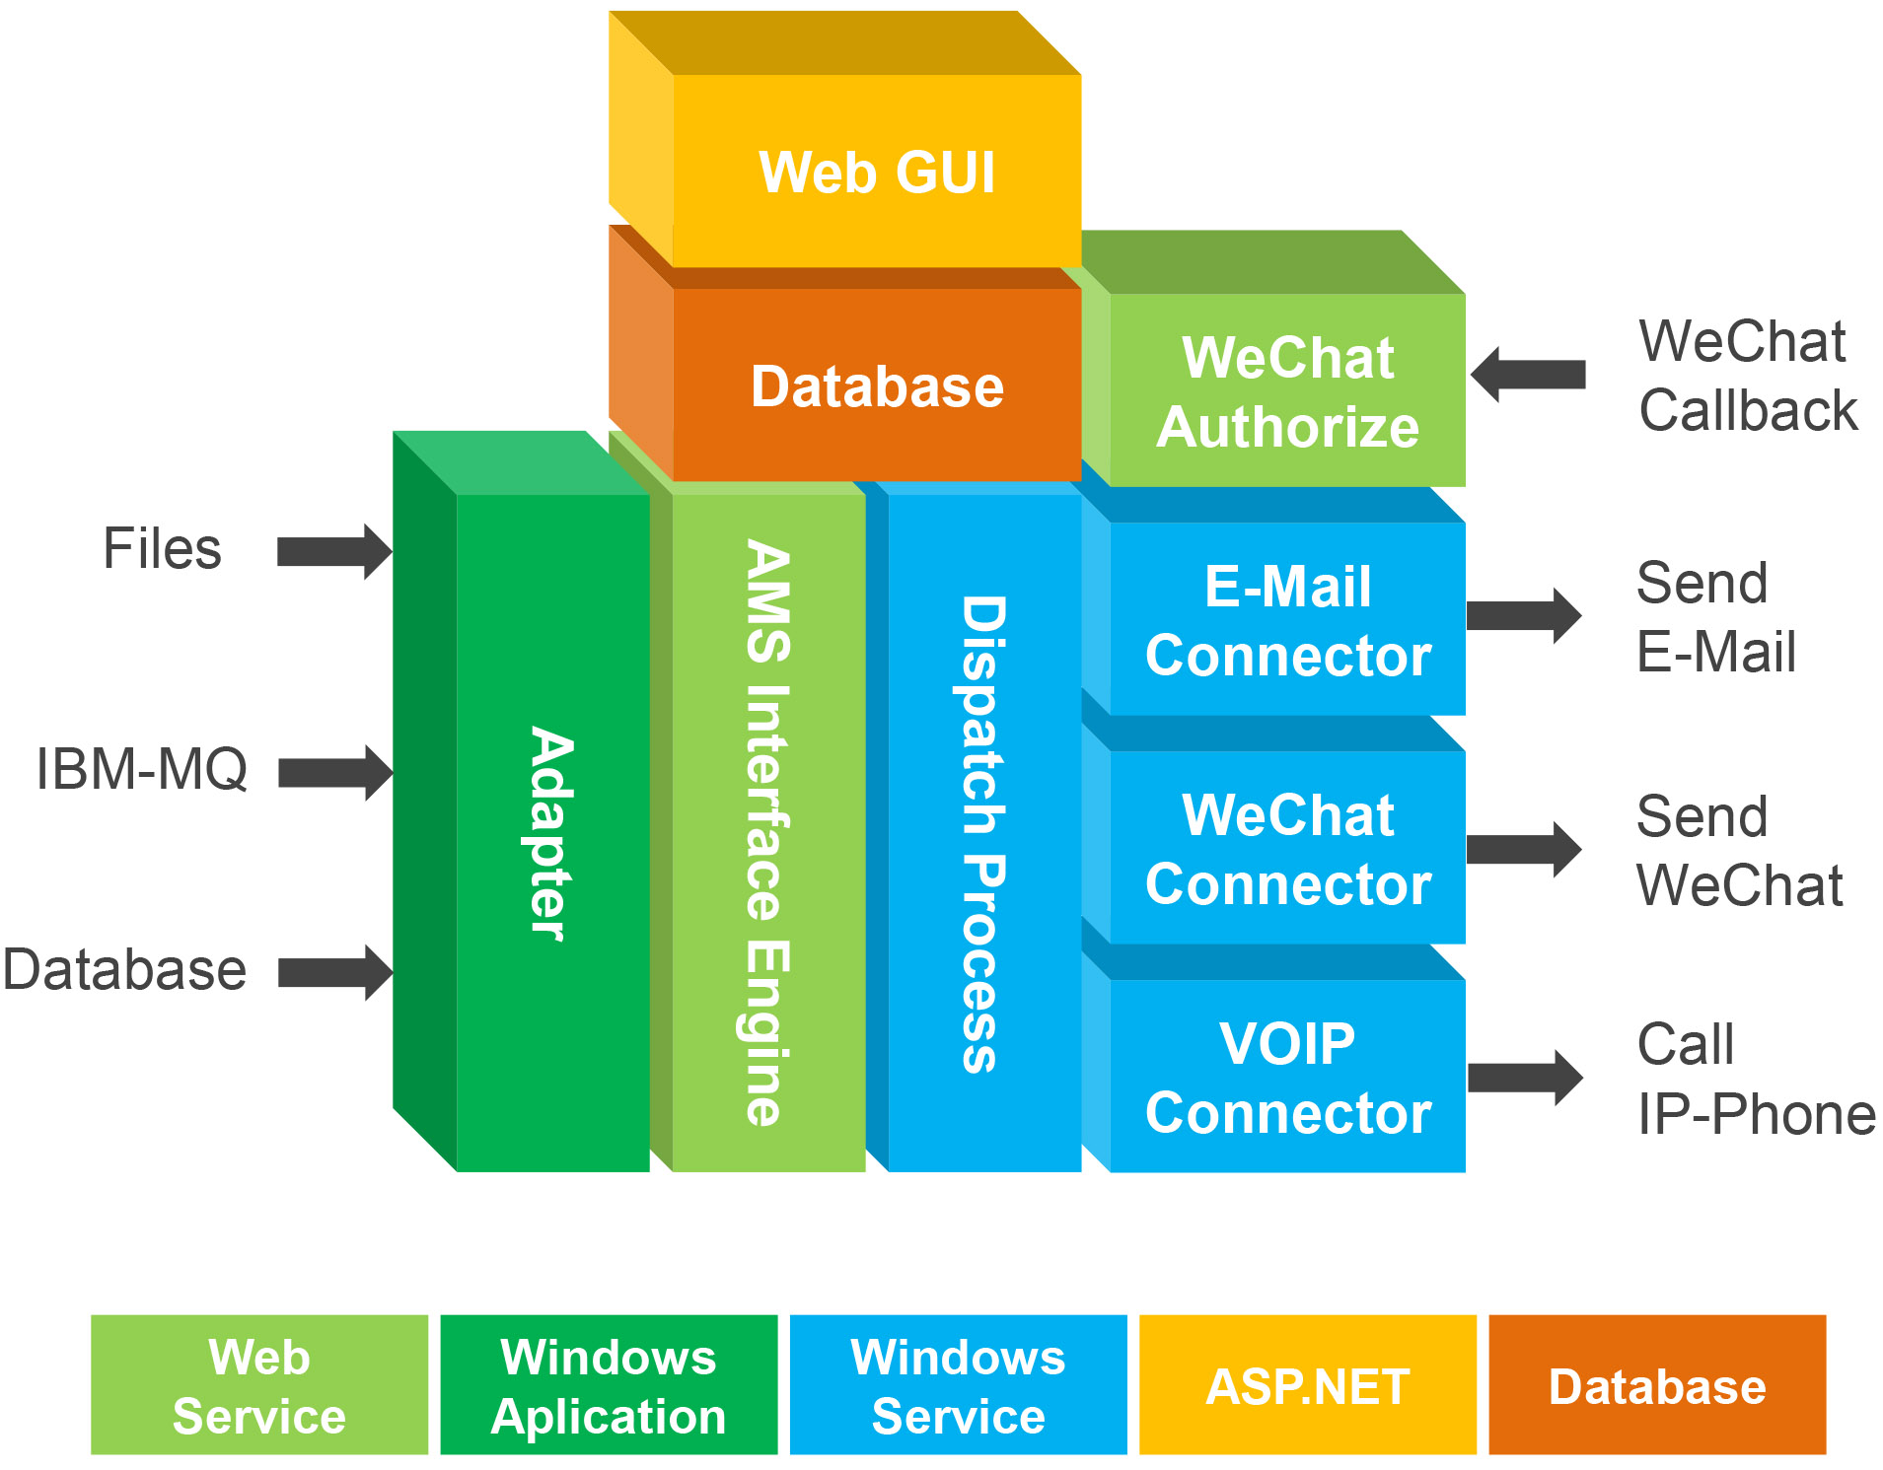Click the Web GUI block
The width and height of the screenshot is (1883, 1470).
tap(876, 172)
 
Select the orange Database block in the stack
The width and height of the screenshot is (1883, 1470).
tap(876, 385)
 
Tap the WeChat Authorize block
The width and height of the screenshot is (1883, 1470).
tap(1287, 391)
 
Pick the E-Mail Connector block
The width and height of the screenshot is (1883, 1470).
tap(1287, 620)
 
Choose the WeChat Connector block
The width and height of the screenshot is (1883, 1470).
tap(1287, 849)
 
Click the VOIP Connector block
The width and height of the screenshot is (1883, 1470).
tap(1287, 1078)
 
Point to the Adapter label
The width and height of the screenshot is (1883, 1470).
tap(551, 833)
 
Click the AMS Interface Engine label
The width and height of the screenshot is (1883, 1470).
tap(767, 833)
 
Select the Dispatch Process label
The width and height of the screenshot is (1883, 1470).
tap(983, 833)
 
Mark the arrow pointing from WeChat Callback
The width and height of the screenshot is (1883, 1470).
tap(1528, 375)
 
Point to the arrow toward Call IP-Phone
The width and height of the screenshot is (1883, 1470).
tap(1525, 1078)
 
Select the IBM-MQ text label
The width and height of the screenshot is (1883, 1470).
tap(142, 769)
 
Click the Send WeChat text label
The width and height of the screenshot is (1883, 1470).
tap(1739, 851)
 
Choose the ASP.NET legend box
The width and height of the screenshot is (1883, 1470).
tap(1307, 1385)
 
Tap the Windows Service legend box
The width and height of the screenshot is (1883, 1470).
tap(958, 1385)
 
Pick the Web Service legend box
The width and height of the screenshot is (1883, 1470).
tap(259, 1385)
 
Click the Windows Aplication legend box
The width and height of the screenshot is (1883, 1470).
tap(609, 1385)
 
